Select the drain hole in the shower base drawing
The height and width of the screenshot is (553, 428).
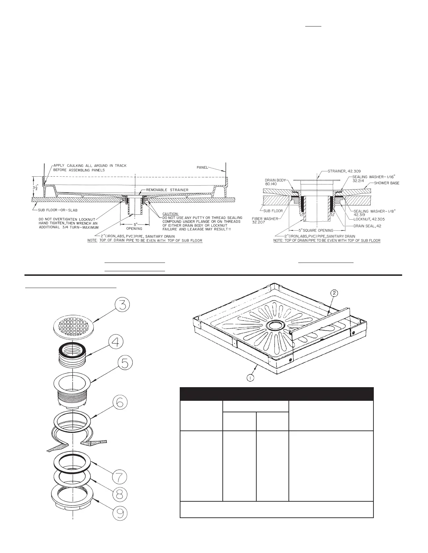[x=276, y=326]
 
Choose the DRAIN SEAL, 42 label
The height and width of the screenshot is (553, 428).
[x=369, y=226]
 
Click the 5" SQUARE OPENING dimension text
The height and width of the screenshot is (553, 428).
[x=312, y=230]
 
